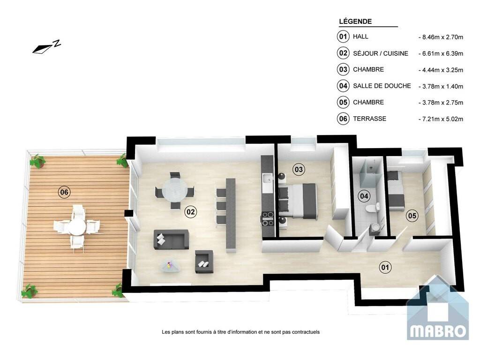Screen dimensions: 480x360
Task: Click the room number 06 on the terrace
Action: [64, 192]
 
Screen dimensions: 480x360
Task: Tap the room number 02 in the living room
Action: [190, 211]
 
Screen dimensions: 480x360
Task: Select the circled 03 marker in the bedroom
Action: [299, 169]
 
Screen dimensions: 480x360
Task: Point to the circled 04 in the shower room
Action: [364, 196]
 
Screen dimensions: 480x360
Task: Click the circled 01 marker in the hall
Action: [385, 267]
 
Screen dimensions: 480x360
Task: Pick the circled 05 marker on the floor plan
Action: [412, 216]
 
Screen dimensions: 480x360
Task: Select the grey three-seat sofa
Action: [171, 240]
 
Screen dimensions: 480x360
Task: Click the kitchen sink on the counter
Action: [267, 178]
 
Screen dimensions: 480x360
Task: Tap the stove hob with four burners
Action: [267, 218]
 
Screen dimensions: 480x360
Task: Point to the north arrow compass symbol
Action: [46, 46]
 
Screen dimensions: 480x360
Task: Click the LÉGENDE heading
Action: [355, 22]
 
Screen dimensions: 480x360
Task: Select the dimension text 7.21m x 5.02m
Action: [442, 119]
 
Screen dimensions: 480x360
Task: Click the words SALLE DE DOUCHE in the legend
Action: [382, 86]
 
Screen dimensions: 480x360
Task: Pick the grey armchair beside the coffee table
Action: [204, 262]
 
